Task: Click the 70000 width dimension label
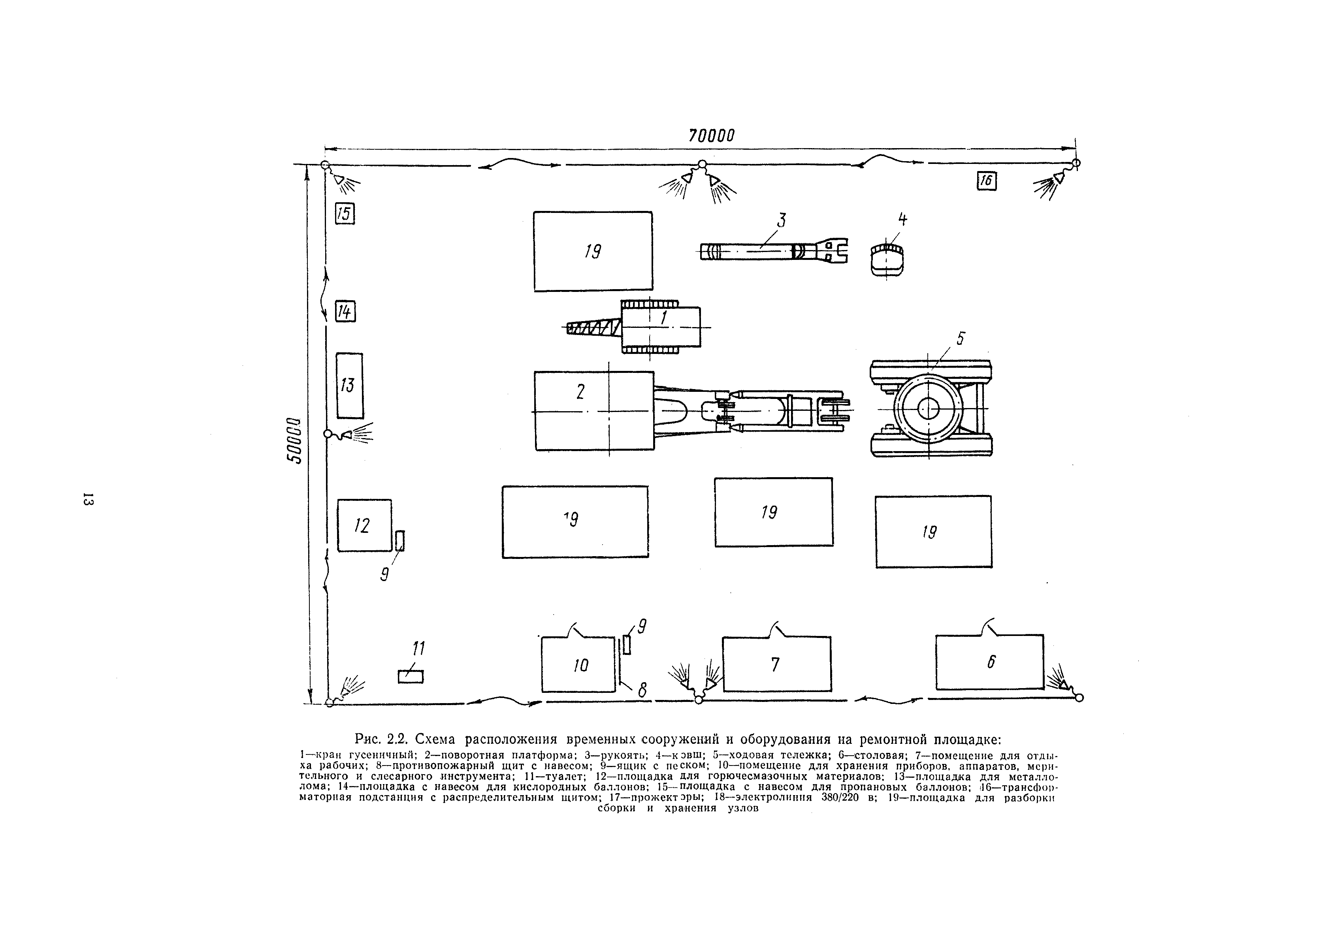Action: click(x=711, y=135)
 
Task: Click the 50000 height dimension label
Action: click(x=296, y=440)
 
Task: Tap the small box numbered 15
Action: click(x=345, y=214)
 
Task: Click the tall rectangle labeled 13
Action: click(x=349, y=385)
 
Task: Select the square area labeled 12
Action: click(x=364, y=525)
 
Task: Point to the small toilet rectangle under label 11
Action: click(x=410, y=676)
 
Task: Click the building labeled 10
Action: click(x=578, y=664)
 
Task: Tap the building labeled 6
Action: click(x=989, y=662)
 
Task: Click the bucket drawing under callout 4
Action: click(x=887, y=260)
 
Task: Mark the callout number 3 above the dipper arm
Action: click(x=782, y=221)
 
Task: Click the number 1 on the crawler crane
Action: click(x=664, y=317)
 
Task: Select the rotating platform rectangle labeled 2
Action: click(x=594, y=411)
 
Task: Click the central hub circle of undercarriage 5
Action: click(x=927, y=408)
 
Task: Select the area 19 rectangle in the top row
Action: click(x=593, y=251)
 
